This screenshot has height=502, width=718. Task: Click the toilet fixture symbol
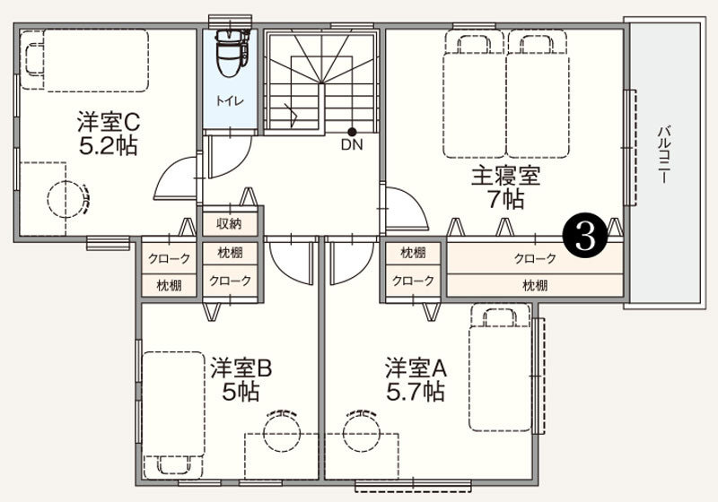coord(232,53)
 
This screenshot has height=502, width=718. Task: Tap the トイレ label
coord(230,101)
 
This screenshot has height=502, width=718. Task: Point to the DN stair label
coord(352,145)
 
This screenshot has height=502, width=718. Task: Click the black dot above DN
coord(352,132)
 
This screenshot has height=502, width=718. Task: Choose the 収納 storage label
coord(230,224)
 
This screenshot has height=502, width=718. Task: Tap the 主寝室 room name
coord(506,176)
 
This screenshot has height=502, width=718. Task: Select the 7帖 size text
coord(505,199)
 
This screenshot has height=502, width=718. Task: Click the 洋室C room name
coord(109,123)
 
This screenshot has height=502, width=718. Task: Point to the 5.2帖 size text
coord(108,146)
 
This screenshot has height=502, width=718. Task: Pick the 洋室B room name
coord(241,368)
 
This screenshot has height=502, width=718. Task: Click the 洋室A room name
coord(416,368)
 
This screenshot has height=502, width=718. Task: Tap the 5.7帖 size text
coord(416,392)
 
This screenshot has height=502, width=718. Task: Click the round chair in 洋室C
coord(66,199)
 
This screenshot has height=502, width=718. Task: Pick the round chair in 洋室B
coord(282,430)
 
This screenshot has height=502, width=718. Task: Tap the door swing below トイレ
coord(230,156)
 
